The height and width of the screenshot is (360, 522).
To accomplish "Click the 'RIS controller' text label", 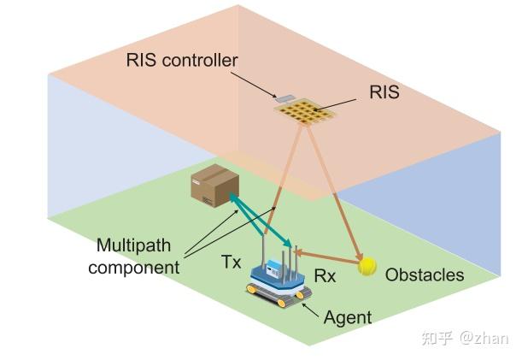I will coord(181,61).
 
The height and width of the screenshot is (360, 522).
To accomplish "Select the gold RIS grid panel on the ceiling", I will coord(306,110).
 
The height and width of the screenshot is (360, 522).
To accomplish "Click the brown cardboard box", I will coord(214,186).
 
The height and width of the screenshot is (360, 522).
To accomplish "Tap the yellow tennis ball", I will coord(367,267).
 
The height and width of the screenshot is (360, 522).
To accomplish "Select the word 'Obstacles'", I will coord(425,274).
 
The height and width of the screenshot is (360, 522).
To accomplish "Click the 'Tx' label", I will coord(231,262).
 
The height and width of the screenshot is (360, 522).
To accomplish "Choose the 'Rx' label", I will coord(326,275).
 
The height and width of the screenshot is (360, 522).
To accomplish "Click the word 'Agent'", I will coord(347,318).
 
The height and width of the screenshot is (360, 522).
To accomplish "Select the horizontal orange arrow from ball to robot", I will coord(329,256).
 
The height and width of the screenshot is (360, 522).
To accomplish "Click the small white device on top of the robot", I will coord(274,267).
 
